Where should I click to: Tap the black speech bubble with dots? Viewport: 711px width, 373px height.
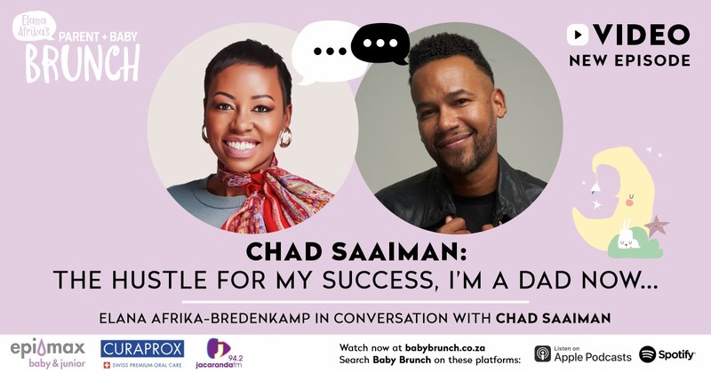click(x=379, y=44)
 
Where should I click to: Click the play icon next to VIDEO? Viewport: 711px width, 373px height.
click(x=579, y=35)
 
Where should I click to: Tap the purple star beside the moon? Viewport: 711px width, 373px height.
click(x=657, y=225)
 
